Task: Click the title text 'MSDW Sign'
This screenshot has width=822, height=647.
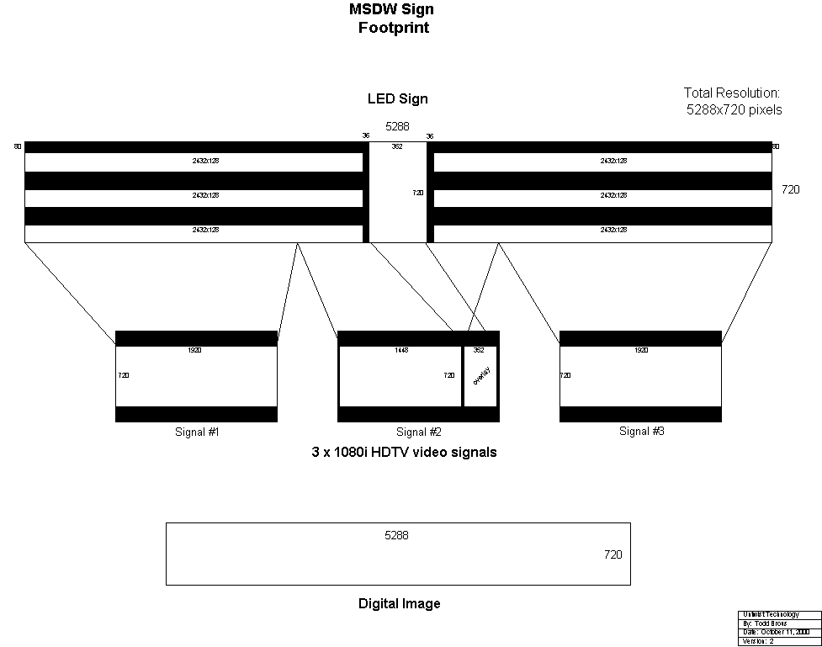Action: click(392, 10)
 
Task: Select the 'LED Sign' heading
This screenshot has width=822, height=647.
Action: click(397, 98)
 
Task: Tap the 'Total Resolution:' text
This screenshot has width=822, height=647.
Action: click(732, 93)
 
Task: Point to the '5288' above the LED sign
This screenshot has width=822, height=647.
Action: click(397, 127)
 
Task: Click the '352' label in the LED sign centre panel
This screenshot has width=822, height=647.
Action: click(397, 146)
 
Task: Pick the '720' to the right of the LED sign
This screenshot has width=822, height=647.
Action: click(791, 190)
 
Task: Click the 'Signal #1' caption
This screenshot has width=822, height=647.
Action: click(195, 432)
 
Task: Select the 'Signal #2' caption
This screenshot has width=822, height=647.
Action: click(418, 432)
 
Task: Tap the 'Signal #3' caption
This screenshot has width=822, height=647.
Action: click(641, 432)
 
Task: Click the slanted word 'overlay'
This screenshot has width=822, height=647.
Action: click(480, 375)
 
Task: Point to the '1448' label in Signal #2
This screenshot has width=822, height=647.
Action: click(400, 350)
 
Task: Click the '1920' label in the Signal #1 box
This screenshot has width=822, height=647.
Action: click(195, 350)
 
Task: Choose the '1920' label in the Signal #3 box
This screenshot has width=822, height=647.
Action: click(640, 350)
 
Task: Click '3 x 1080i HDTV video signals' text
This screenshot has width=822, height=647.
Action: click(404, 453)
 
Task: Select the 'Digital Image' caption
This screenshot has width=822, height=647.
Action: click(399, 603)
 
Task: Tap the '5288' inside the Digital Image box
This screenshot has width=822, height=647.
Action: click(396, 535)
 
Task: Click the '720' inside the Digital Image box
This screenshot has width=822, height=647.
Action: click(613, 554)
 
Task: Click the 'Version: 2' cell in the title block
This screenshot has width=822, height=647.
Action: click(759, 641)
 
